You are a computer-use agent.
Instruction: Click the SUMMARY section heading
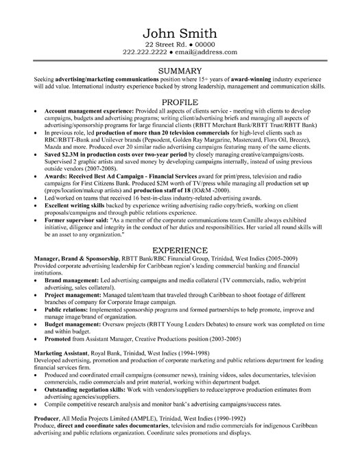[x=180, y=70]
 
